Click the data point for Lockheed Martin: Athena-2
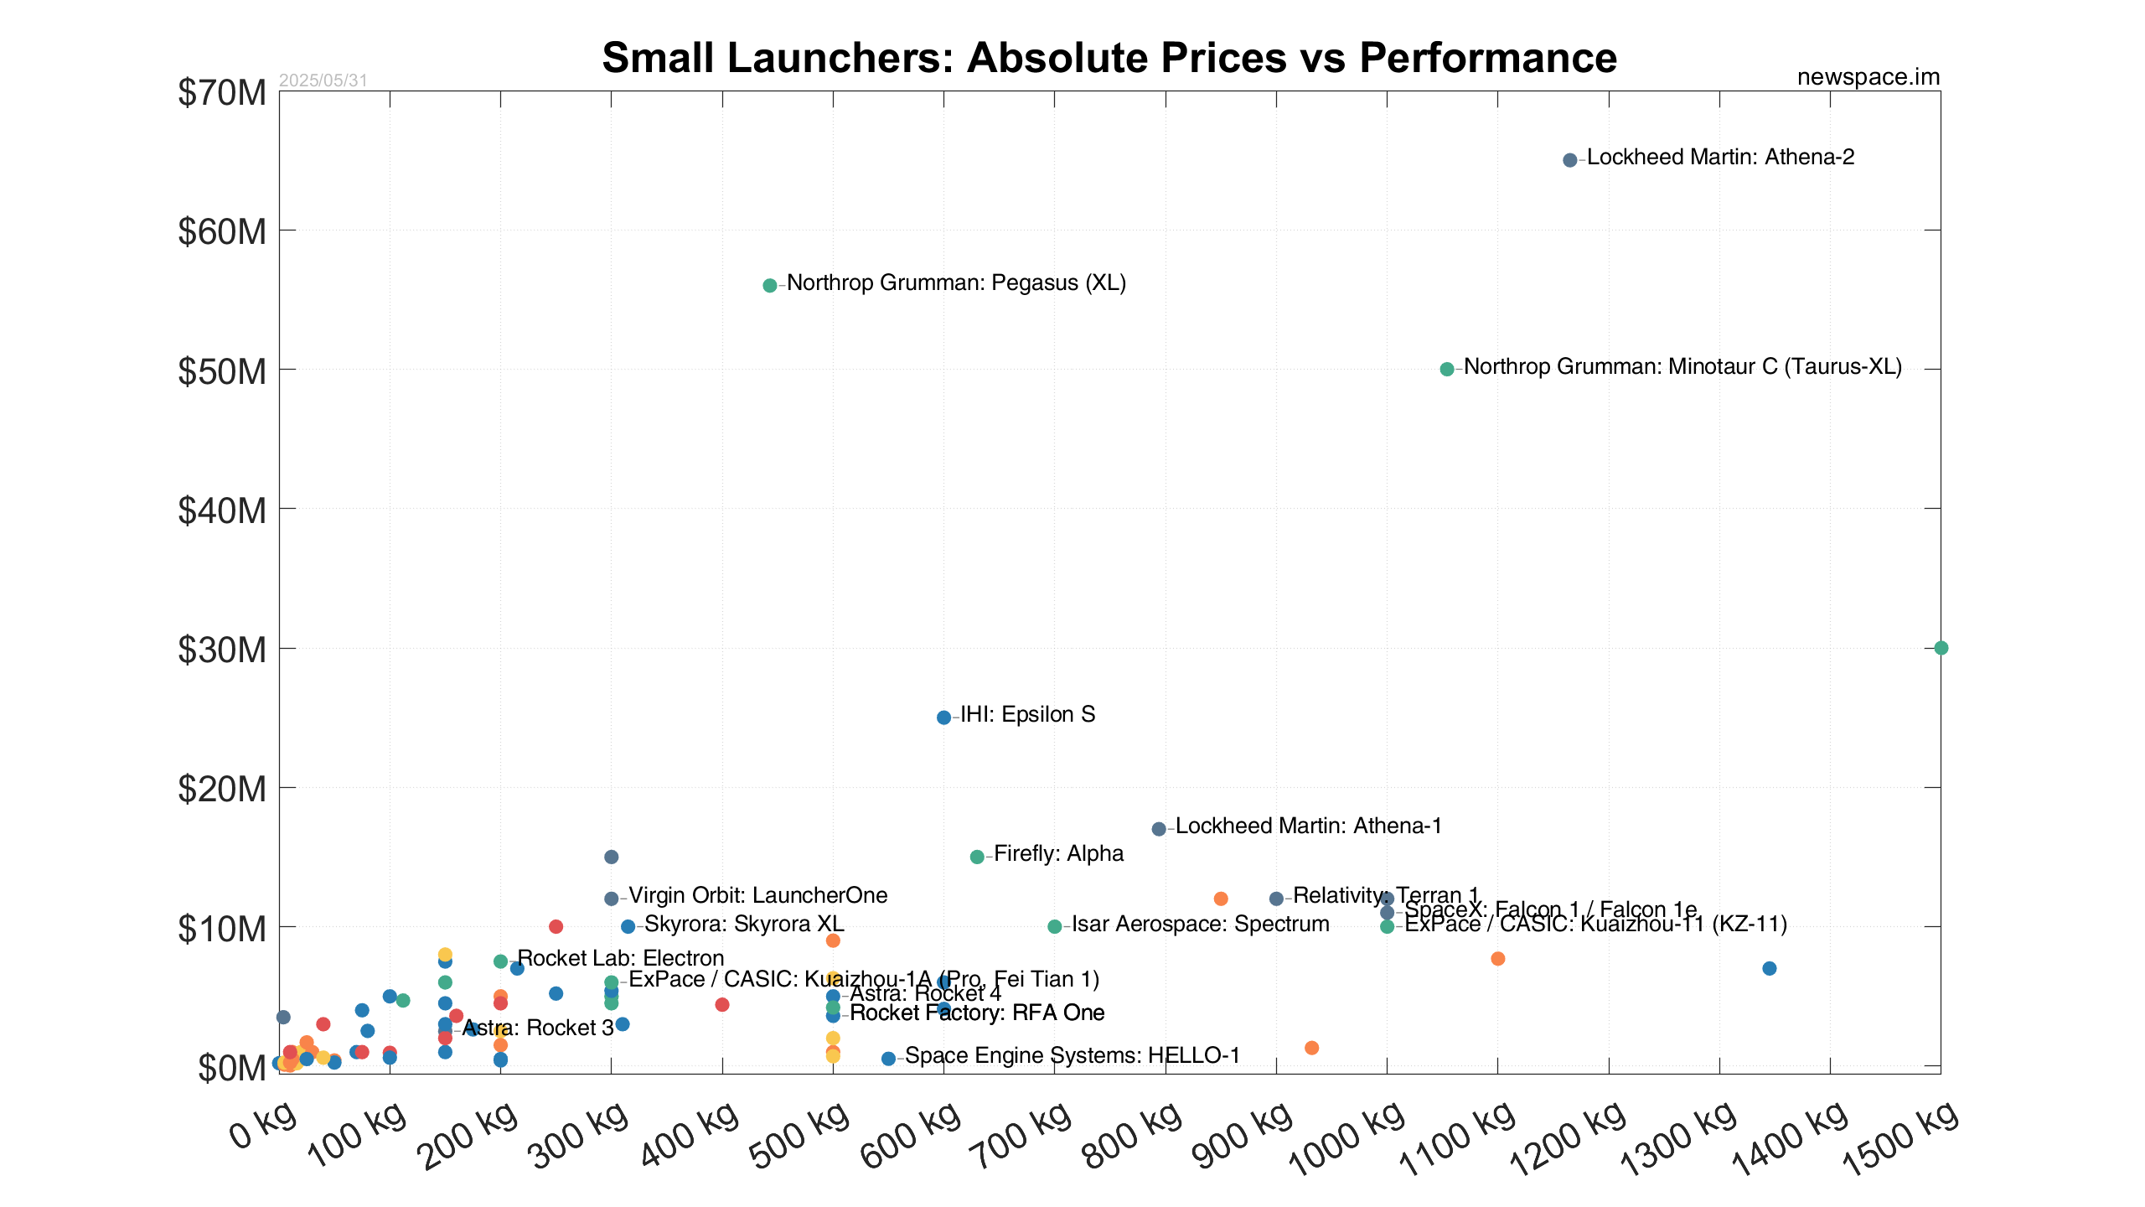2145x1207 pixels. tap(1570, 159)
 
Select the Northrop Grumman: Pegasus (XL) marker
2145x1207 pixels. tap(770, 285)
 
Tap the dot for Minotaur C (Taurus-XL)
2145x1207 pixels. tap(1447, 369)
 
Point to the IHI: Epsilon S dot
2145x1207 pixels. tap(943, 717)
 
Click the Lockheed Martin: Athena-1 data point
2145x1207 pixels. tap(1159, 829)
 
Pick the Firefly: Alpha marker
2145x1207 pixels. tap(977, 857)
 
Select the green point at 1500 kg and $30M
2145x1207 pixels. tap(1941, 648)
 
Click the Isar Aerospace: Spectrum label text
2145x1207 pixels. tap(1201, 924)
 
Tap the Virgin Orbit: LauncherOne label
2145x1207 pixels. tap(757, 895)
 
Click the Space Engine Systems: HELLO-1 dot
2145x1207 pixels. tap(888, 1059)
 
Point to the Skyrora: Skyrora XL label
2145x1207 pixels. tap(744, 924)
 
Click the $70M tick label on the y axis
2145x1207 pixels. tap(222, 93)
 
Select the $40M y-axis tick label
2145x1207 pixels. tap(222, 510)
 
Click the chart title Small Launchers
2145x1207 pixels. tap(1109, 58)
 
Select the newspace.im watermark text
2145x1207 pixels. tap(1868, 77)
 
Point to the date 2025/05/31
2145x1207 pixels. tap(323, 80)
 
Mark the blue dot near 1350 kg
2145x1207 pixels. tap(1770, 968)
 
